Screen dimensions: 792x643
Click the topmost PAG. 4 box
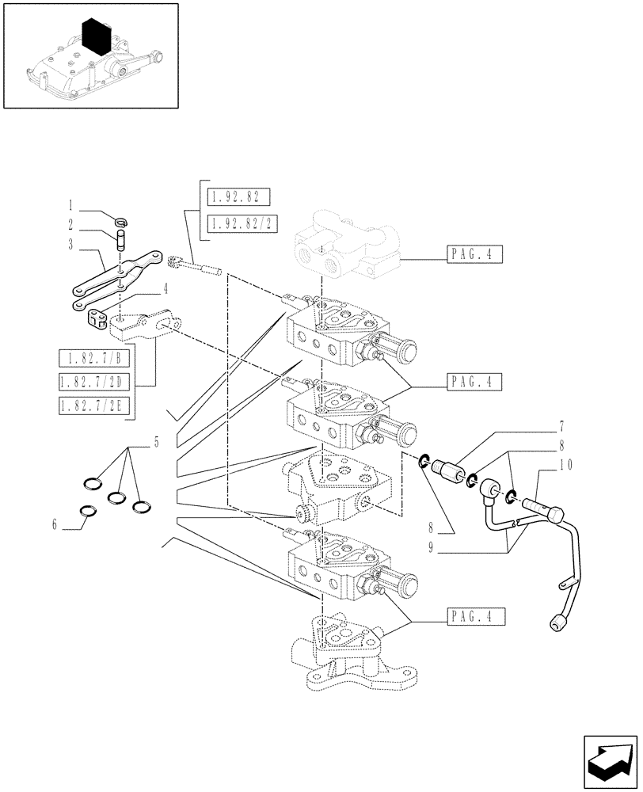pos(474,255)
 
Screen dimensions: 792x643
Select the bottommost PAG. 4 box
pos(474,616)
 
